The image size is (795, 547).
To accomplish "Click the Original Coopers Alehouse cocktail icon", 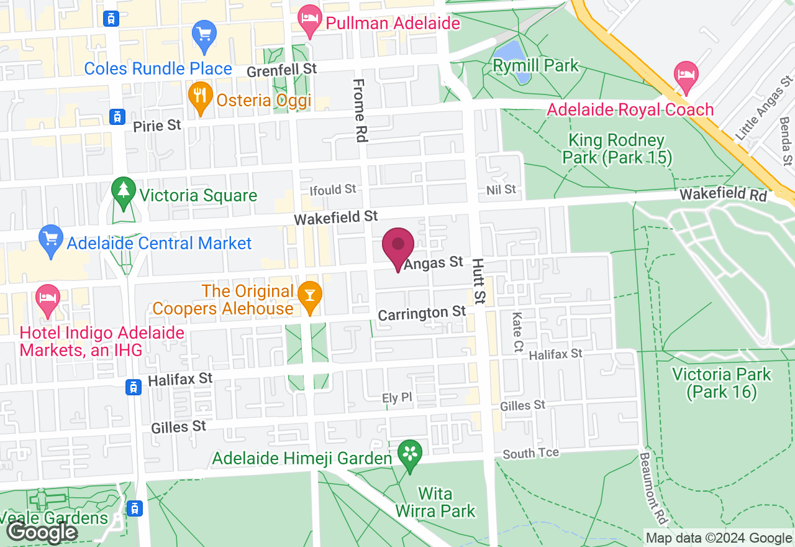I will click(x=309, y=295).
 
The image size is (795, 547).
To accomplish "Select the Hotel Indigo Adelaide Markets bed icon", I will click(x=47, y=298).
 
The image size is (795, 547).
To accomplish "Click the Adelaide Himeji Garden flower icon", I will click(x=410, y=454).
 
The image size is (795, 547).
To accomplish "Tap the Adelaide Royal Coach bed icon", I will click(x=686, y=75).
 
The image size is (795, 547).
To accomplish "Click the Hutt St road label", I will click(x=478, y=282).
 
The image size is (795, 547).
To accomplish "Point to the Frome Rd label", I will click(x=360, y=109).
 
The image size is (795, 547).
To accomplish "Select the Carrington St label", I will click(x=422, y=313).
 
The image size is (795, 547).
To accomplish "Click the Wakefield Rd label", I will click(x=723, y=195).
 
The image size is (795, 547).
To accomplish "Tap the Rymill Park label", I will click(x=535, y=65).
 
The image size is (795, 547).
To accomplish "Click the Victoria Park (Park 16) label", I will click(x=721, y=383).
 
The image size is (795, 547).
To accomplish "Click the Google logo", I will click(x=42, y=532).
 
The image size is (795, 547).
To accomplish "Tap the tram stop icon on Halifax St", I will click(x=133, y=387).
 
